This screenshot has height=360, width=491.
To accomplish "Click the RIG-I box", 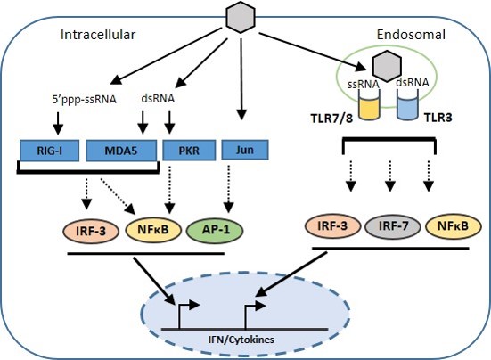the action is tap(50, 151).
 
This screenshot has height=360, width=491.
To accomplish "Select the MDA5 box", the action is tap(121, 151).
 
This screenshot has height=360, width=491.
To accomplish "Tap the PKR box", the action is tap(189, 151).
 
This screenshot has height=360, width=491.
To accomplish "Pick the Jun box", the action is tap(245, 150).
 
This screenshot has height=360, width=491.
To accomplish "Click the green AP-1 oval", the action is tap(215, 231).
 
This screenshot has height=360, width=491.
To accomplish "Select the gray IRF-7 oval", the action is tap(393, 226).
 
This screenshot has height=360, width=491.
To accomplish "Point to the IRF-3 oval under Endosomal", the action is tap(332, 225).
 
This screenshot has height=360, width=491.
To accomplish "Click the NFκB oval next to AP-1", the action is tap(153, 230).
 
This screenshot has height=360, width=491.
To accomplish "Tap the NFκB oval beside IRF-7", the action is tap(453, 225).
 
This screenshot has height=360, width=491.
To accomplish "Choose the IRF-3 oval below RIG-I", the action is tap(91, 231).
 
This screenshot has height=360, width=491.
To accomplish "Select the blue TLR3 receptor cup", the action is tap(408, 105).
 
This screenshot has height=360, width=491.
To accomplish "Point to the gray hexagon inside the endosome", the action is tap(387, 66).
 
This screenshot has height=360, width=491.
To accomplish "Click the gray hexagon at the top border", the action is tap(241, 16).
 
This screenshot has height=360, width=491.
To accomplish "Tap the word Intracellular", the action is tap(98, 35).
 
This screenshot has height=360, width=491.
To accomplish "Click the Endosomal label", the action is tap(411, 35).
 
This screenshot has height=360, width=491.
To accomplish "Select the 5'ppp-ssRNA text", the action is tap(85, 99).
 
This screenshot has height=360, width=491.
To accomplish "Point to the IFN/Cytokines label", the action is tap(241, 340).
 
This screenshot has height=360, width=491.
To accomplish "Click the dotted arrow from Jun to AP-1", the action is tap(229, 189).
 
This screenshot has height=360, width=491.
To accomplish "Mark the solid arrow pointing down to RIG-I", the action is tap(58, 123).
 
